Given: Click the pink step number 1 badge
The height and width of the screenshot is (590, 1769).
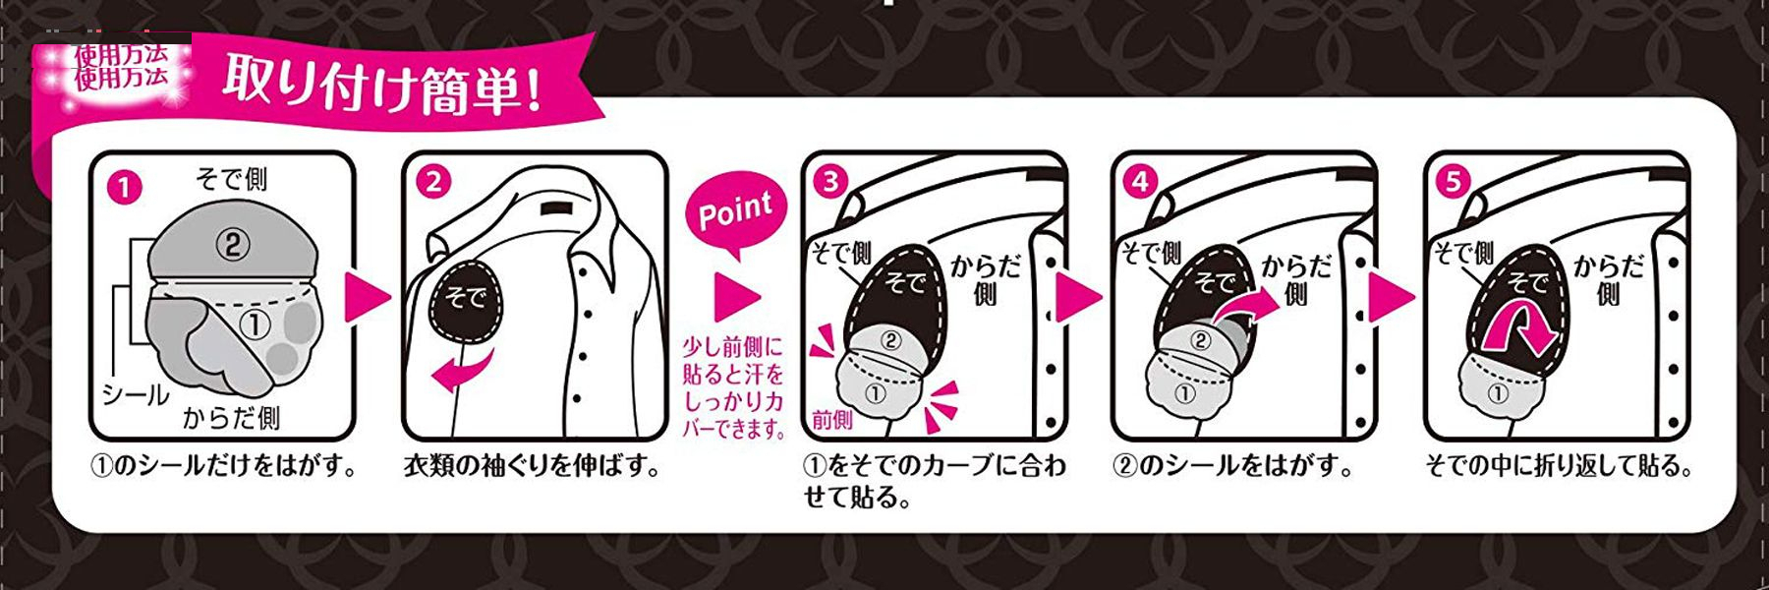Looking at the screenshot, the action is pos(124,187).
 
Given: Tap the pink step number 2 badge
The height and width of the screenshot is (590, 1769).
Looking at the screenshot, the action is pos(433,182).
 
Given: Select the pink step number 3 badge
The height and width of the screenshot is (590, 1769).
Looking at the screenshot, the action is pos(831,182).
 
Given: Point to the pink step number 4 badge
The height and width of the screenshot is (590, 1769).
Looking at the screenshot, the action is pos(1140,182).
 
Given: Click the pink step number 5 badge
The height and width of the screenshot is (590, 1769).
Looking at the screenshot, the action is pos(1453,182).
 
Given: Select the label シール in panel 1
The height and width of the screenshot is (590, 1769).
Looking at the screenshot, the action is pos(136,395).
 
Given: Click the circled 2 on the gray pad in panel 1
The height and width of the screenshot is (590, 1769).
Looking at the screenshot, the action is pos(232,244).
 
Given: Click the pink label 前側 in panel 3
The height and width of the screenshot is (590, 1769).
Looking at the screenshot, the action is pos(831,420).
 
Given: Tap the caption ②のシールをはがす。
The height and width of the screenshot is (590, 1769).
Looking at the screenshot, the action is pos(1232,465).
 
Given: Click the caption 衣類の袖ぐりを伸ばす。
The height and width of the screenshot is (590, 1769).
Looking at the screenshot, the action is pos(533,465).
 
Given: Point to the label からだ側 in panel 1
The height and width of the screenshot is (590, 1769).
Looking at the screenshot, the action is pos(231,418).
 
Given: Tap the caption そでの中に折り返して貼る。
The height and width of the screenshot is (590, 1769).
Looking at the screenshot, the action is pos(1559,465).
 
